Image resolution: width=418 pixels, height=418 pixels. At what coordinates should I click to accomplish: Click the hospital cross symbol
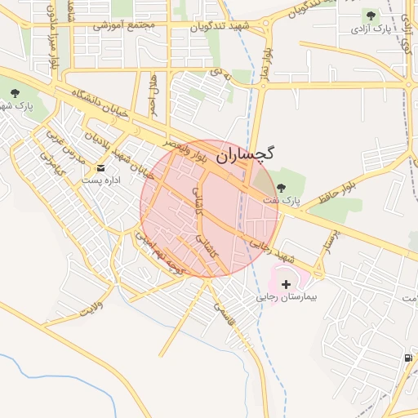pyautogui.click(x=286, y=284)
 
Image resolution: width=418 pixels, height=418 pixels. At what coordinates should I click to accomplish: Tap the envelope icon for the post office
pyautogui.click(x=102, y=167)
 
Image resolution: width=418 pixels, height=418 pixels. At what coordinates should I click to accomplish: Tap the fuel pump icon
pyautogui.click(x=407, y=358)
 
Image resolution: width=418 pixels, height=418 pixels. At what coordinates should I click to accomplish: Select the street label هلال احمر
pyautogui.click(x=153, y=94)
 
